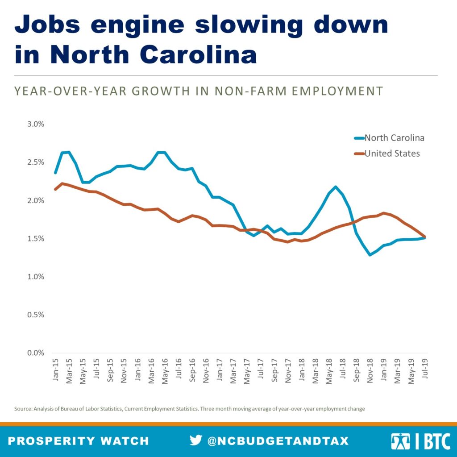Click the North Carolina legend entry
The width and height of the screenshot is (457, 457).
(x=394, y=137)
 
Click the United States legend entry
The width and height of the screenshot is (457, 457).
(x=392, y=154)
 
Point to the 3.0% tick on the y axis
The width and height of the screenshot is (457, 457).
(x=34, y=124)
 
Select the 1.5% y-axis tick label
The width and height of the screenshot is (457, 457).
(x=34, y=239)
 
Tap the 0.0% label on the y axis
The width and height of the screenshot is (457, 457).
(x=34, y=353)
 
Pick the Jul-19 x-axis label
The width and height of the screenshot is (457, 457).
(x=425, y=370)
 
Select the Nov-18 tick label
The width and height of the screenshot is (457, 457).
(x=370, y=370)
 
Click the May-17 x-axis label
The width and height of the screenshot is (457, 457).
(x=246, y=370)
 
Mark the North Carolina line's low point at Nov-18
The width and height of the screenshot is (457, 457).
(x=370, y=255)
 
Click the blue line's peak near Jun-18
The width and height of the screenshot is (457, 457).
(x=336, y=187)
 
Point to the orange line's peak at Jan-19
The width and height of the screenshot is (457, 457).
(x=383, y=213)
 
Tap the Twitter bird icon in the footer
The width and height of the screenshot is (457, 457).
(x=195, y=440)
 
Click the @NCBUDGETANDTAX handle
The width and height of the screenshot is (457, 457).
(x=277, y=441)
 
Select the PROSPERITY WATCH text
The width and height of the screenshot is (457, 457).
(x=79, y=441)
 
